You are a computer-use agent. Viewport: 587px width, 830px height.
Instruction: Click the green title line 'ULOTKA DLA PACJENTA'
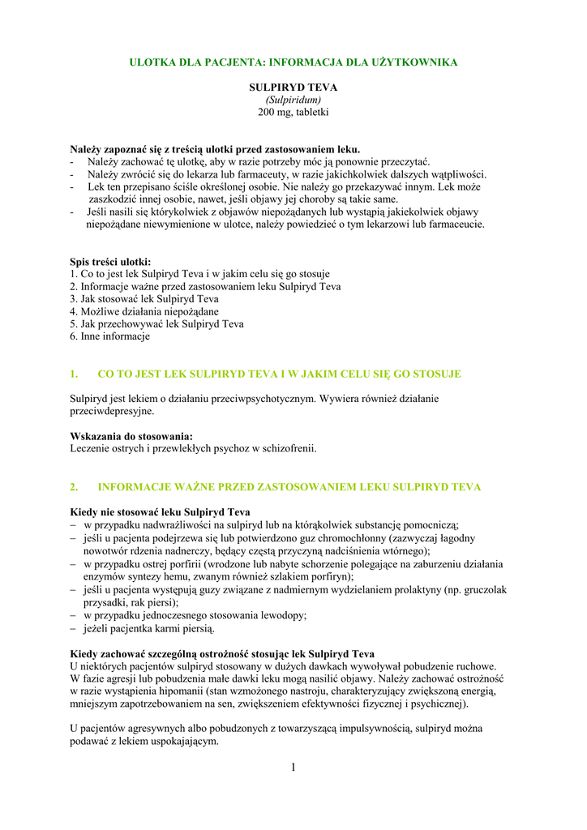(293, 62)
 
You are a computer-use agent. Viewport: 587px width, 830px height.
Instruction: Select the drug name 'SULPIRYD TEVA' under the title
(293, 87)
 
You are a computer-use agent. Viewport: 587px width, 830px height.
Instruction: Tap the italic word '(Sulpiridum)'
(293, 99)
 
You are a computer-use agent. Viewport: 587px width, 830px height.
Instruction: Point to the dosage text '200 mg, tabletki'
(293, 112)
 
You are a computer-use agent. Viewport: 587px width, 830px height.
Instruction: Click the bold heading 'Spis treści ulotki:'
(110, 262)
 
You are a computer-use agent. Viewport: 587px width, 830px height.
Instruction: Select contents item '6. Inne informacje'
(109, 336)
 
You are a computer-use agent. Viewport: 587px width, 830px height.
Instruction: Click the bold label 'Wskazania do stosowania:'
(131, 436)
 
